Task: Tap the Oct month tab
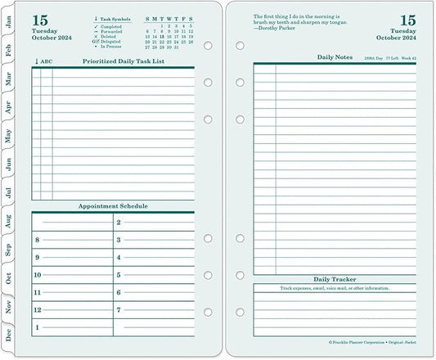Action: (x=9, y=277)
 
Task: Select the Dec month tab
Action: (x=9, y=335)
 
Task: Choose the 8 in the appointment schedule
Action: (x=38, y=240)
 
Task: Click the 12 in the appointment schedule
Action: (x=38, y=310)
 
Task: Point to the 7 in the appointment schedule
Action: (x=119, y=310)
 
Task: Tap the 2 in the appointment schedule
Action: (x=119, y=222)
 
